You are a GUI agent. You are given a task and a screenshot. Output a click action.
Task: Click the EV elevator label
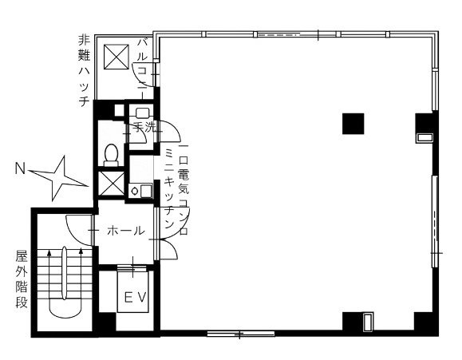(x=135, y=297)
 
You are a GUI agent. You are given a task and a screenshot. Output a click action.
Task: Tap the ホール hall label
(x=126, y=231)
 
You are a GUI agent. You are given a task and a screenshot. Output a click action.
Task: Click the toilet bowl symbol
(x=111, y=155)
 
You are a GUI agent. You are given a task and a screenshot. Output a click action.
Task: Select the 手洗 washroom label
(x=144, y=127)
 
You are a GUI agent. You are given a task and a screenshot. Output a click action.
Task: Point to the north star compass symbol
(x=57, y=179)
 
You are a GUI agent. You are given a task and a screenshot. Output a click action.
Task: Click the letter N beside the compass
(x=20, y=169)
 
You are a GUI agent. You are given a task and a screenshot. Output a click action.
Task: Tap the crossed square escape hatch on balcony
(x=116, y=57)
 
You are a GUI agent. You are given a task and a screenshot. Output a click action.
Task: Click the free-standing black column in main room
(x=353, y=124)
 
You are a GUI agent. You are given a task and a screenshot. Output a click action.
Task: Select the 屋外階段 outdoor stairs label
(x=22, y=279)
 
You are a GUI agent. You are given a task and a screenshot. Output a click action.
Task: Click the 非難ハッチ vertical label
(x=85, y=71)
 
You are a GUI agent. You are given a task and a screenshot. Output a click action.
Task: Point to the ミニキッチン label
(x=169, y=188)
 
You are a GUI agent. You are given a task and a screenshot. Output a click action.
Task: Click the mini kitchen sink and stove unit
(x=141, y=191)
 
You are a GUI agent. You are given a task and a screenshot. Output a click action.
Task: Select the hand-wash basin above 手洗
(x=142, y=113)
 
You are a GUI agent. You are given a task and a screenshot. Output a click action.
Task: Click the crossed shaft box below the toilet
(x=112, y=183)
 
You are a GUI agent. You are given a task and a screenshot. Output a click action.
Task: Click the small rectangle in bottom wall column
(x=367, y=322)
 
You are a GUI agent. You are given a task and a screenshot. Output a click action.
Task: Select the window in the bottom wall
(x=241, y=334)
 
